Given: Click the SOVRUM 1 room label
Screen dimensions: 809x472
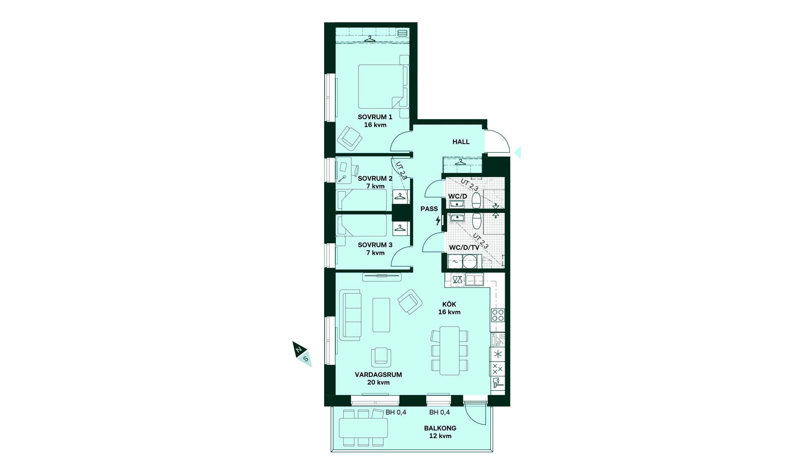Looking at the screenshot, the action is pos(375,117).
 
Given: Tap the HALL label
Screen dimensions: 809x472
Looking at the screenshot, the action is pos(461,142).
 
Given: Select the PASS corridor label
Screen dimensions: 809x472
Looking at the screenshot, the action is pos(429,209).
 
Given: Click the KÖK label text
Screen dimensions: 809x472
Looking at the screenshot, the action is pos(449,304).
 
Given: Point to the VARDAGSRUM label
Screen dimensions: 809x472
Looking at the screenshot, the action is pos(378,375).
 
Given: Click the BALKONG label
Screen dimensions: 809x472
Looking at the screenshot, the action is pos(440,428).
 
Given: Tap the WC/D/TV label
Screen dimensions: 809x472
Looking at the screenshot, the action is pos(464,248).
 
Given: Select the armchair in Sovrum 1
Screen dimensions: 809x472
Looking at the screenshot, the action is pos(350,137).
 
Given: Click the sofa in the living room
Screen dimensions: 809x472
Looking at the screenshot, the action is pos(351,315).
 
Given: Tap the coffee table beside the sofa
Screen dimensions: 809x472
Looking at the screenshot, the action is pos(381,315).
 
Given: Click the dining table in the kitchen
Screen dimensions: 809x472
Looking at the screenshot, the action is pos(450,351).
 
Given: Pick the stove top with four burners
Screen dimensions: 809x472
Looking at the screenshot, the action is pos(498,315).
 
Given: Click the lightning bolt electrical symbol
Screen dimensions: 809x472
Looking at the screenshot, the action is pos(438,220).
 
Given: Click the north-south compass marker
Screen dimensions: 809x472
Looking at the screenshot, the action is pos(303,354).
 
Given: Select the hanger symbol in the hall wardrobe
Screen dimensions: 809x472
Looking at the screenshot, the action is pos(460,162).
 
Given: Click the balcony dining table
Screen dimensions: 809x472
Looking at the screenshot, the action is pos(364,428).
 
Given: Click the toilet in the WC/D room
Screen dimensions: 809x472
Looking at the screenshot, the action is pos(477,200).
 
